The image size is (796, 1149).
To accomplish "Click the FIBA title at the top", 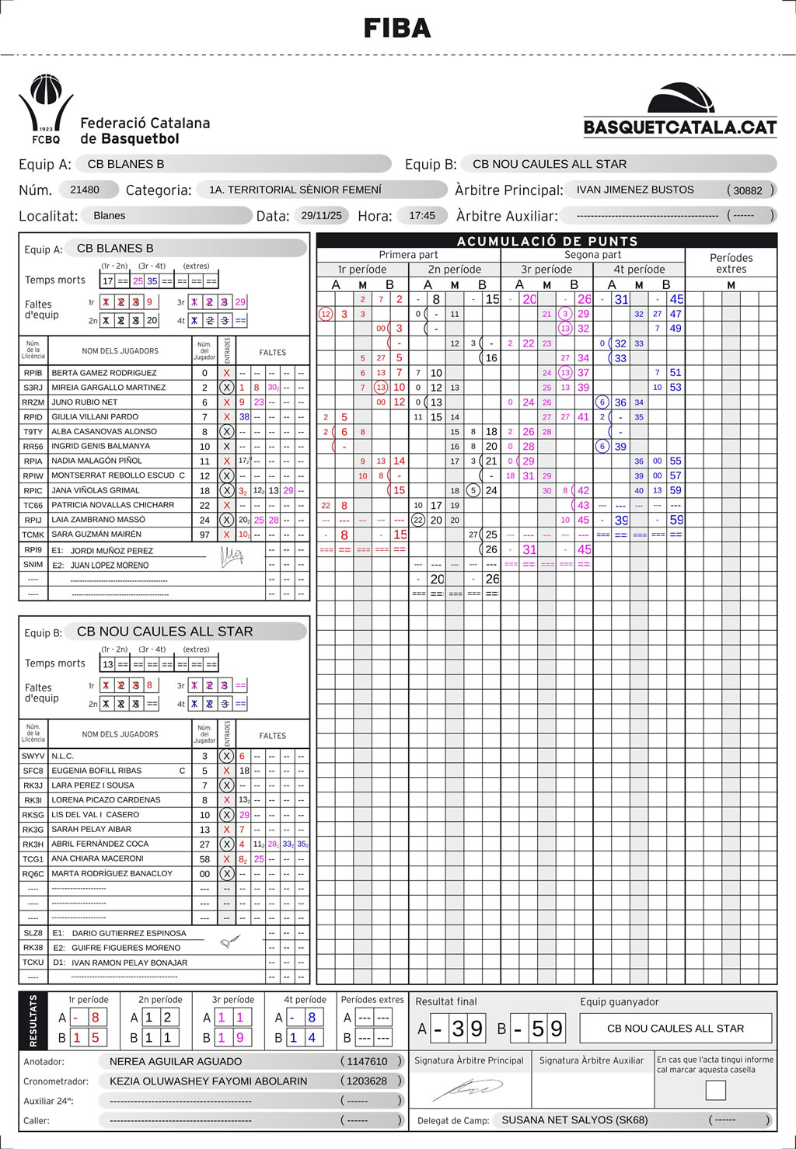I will (x=397, y=29).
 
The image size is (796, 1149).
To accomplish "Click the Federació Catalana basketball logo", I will (x=46, y=108).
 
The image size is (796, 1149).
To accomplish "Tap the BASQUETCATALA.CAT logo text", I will (x=680, y=127).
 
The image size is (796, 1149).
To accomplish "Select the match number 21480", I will (x=85, y=190).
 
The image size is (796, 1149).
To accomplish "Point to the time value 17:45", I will (x=422, y=215).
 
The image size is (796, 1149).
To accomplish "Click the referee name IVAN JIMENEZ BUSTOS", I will (x=635, y=190).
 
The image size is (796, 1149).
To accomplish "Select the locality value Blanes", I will (x=110, y=215).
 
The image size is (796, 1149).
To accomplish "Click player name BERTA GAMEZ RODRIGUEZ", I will (x=104, y=373).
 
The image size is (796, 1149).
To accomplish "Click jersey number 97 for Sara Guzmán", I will (x=204, y=534).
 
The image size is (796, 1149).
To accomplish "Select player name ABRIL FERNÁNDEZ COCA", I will (x=99, y=844).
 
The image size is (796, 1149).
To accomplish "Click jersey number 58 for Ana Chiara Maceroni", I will (x=204, y=858).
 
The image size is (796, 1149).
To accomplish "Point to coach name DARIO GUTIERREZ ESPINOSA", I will (x=129, y=933).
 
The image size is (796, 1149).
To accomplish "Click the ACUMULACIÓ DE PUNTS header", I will (x=546, y=241).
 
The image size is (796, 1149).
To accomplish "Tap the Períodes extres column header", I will (x=731, y=263).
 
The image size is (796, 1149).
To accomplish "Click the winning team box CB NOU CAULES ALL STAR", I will (x=676, y=1028).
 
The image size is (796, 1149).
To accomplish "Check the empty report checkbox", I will (x=715, y=1090).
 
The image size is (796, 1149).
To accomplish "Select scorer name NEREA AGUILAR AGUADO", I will (x=176, y=1061).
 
